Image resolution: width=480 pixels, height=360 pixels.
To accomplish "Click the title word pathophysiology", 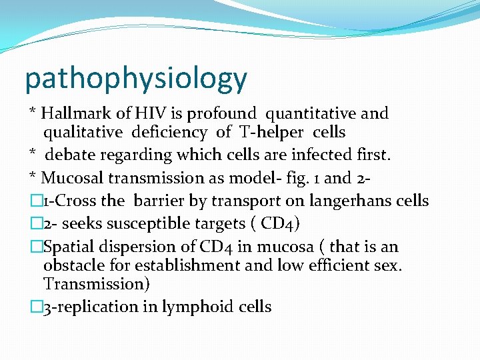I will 135,79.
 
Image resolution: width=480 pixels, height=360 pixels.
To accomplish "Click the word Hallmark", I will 73,114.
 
